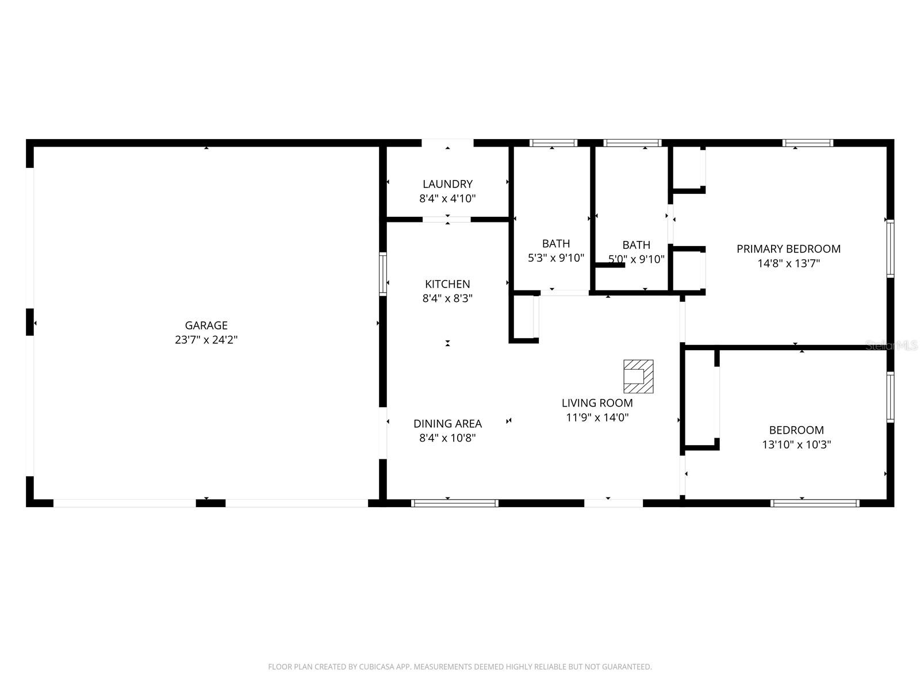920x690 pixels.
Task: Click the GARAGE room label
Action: click(x=206, y=325)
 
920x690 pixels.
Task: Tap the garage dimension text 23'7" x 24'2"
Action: click(x=206, y=340)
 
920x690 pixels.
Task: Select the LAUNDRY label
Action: click(x=447, y=184)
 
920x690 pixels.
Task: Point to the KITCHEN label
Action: click(x=447, y=284)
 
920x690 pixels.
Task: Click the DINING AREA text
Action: click(x=447, y=424)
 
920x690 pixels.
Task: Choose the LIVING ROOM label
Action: click(x=597, y=403)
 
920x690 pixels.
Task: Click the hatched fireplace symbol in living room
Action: click(x=638, y=376)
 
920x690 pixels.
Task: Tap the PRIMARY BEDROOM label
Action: click(x=788, y=249)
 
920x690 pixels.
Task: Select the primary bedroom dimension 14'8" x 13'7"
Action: click(x=788, y=263)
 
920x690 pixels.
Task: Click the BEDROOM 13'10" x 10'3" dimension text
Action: click(x=796, y=444)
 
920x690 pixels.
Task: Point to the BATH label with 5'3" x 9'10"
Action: click(x=555, y=244)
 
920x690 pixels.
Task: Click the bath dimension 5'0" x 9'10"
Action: click(x=636, y=259)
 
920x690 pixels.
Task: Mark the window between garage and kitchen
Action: click(x=382, y=274)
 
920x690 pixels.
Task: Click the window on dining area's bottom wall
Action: click(x=454, y=503)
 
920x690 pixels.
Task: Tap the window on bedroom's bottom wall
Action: click(x=815, y=503)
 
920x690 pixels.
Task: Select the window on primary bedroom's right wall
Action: click(x=890, y=248)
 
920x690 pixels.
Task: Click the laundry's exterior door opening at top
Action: click(x=447, y=143)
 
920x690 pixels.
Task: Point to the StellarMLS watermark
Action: click(x=892, y=345)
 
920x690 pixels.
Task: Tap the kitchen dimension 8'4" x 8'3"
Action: click(x=447, y=298)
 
